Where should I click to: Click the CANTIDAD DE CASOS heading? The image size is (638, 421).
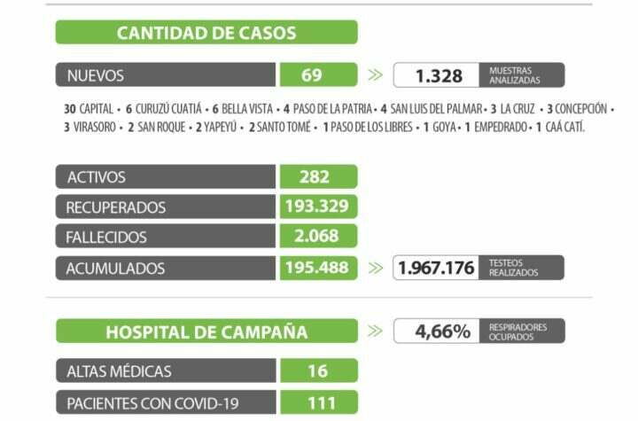(x=206, y=34)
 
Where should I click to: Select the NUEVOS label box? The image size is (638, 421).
(x=167, y=75)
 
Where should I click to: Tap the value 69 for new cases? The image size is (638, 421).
(x=312, y=75)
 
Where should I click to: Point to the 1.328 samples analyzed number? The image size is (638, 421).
(x=439, y=75)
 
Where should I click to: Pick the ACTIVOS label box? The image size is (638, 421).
(x=167, y=176)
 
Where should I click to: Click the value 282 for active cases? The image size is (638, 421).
(x=315, y=176)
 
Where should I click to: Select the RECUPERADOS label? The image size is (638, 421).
(x=167, y=207)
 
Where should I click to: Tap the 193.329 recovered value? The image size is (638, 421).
(x=316, y=207)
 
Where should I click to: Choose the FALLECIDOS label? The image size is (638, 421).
(x=167, y=237)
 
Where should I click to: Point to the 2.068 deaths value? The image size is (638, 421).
(x=316, y=237)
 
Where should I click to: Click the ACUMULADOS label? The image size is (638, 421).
(x=167, y=267)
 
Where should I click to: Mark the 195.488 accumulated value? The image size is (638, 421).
(x=316, y=267)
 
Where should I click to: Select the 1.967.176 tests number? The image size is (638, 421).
(x=438, y=268)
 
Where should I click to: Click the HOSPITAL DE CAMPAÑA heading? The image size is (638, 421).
(x=206, y=332)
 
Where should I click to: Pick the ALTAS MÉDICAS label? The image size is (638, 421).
(x=167, y=370)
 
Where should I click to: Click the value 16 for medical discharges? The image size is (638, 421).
(x=317, y=370)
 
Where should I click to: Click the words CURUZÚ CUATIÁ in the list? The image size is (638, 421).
(x=168, y=109)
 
